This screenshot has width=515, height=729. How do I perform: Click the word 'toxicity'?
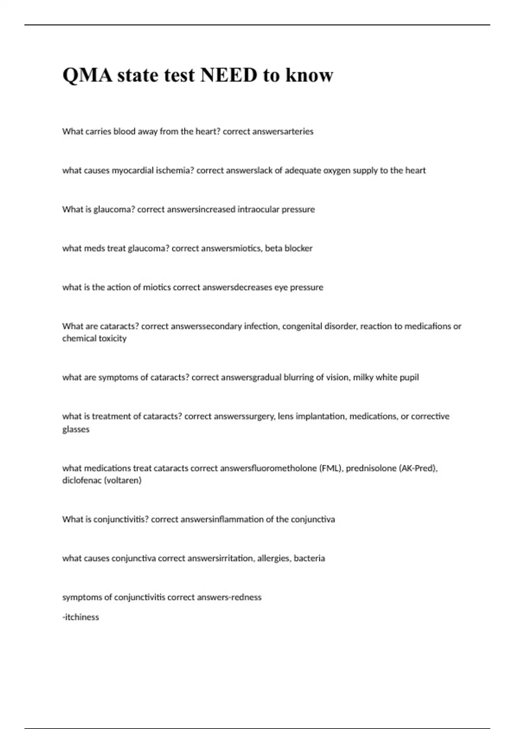pos(111,339)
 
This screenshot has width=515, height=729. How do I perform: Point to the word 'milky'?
pos(363,377)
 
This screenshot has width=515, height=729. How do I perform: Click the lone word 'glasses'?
pos(76,429)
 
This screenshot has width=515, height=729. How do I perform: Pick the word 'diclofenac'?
pos(82,481)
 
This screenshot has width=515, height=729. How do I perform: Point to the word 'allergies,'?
pos(273,558)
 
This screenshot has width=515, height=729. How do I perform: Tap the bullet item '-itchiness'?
pos(81,618)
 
